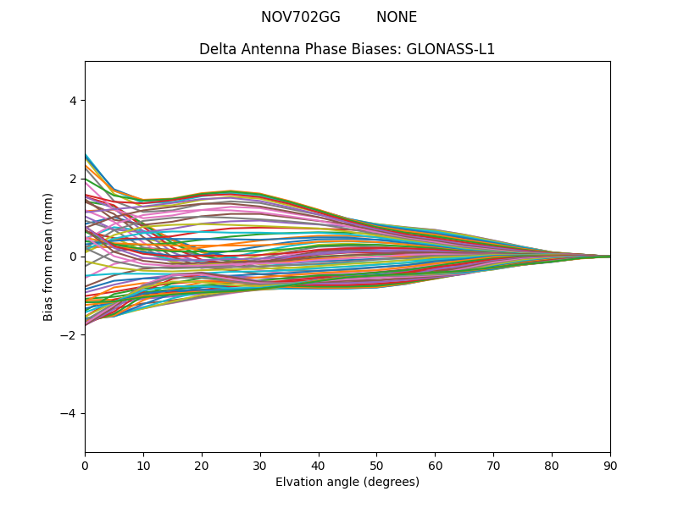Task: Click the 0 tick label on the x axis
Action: (85, 465)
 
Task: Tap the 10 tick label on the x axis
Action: (143, 465)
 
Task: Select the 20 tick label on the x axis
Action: (202, 465)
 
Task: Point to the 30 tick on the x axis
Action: (260, 465)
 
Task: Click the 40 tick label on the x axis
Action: (319, 465)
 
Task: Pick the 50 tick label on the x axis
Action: (376, 465)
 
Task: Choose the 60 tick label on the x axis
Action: (435, 465)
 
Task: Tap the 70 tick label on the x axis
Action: (493, 465)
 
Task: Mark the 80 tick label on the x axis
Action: (552, 465)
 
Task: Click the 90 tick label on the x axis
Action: (610, 465)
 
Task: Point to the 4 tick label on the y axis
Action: (73, 100)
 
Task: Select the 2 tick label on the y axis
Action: (73, 179)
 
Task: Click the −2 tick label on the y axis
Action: (69, 335)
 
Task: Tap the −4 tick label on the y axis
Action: (69, 413)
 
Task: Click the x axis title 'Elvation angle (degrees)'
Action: (347, 482)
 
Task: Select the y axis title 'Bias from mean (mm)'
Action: (48, 257)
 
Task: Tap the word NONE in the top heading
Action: (397, 17)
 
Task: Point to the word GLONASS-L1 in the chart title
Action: (451, 49)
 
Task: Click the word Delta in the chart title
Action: (217, 49)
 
